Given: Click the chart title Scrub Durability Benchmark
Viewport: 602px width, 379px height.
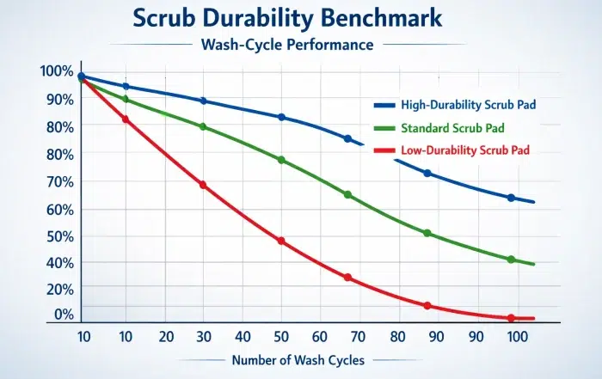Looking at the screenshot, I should click(300, 19).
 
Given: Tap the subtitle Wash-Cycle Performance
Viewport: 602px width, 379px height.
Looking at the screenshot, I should click(300, 44).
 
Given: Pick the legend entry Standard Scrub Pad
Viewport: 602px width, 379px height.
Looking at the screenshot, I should click(451, 128).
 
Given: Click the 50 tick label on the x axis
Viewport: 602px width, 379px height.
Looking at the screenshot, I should click(282, 336).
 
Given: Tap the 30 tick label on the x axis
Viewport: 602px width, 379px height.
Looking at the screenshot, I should click(203, 336).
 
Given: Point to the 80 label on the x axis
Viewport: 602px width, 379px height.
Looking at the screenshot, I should click(397, 336).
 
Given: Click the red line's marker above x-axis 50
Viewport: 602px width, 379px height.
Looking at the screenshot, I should click(281, 241).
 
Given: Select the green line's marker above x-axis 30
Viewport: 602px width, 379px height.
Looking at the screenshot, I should click(203, 126).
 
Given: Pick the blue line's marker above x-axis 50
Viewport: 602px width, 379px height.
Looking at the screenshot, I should click(281, 117).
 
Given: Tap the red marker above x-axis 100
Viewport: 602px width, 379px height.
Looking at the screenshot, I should click(511, 318).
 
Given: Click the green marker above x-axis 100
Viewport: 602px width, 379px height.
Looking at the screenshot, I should click(511, 260).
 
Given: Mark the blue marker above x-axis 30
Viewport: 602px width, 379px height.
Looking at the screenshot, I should click(203, 101).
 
